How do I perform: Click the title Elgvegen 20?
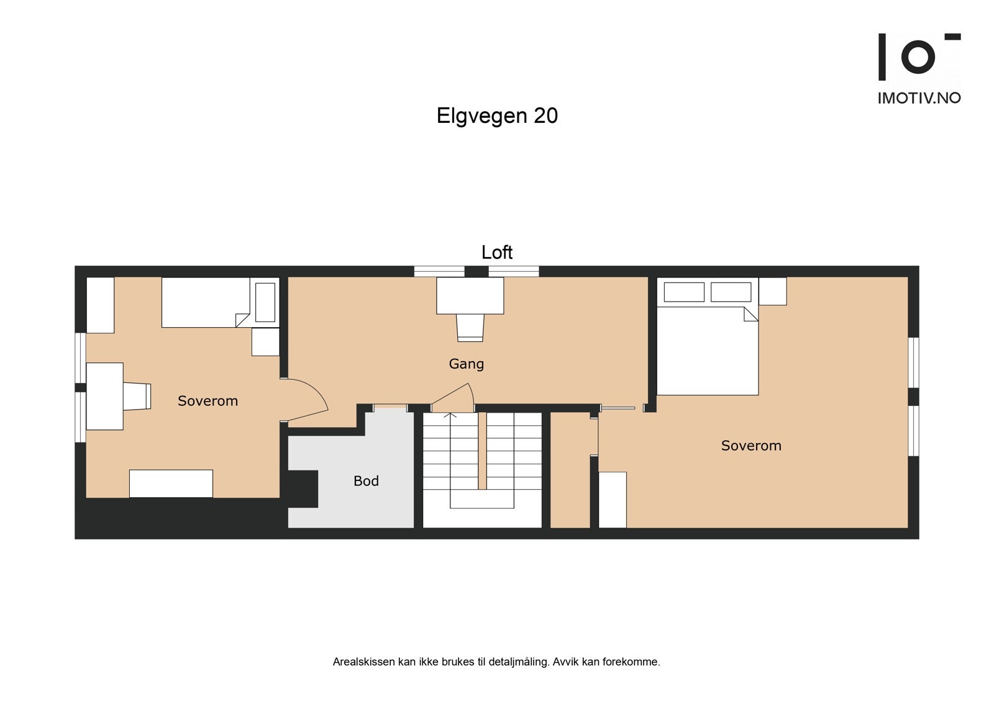[x=497, y=116]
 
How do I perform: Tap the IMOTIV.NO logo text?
[x=919, y=98]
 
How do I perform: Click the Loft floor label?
[x=497, y=252]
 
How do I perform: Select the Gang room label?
[x=466, y=364]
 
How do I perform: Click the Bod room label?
[x=366, y=481]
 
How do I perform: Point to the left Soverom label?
[x=207, y=401]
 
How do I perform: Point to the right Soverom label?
[x=750, y=446]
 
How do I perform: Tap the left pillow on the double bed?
[x=684, y=292]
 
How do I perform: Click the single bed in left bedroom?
[x=205, y=302]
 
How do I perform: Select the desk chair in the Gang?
[x=470, y=327]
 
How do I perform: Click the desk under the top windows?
[x=470, y=295]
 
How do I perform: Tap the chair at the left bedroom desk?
[x=137, y=396]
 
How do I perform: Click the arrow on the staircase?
[x=451, y=415]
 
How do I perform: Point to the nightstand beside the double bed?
[x=772, y=291]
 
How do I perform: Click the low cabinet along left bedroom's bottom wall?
[x=171, y=484]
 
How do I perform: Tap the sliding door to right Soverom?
[x=618, y=408]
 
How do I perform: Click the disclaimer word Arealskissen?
[x=363, y=662]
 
